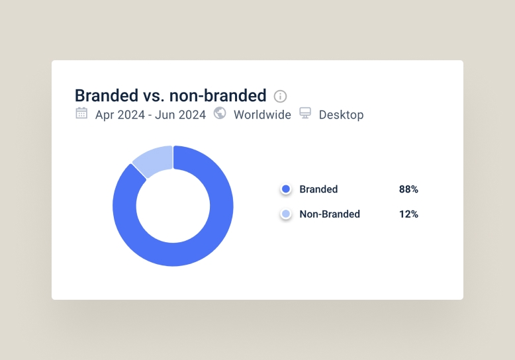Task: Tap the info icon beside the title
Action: (280, 96)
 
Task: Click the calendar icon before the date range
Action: (81, 113)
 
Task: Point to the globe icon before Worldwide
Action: (220, 113)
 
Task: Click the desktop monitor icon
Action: (305, 113)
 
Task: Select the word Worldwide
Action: (262, 115)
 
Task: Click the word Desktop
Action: (342, 115)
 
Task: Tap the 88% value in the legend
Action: (408, 189)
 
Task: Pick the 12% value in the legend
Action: (408, 214)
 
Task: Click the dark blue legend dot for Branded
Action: (286, 189)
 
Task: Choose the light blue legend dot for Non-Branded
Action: (286, 214)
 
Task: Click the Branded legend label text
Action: (318, 189)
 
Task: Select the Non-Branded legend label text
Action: (330, 214)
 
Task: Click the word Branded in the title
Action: (107, 95)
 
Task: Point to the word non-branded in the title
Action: (218, 95)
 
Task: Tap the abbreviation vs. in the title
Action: (154, 96)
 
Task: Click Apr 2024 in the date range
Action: (120, 115)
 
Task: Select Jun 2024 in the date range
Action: (180, 115)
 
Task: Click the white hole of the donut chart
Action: (173, 206)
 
